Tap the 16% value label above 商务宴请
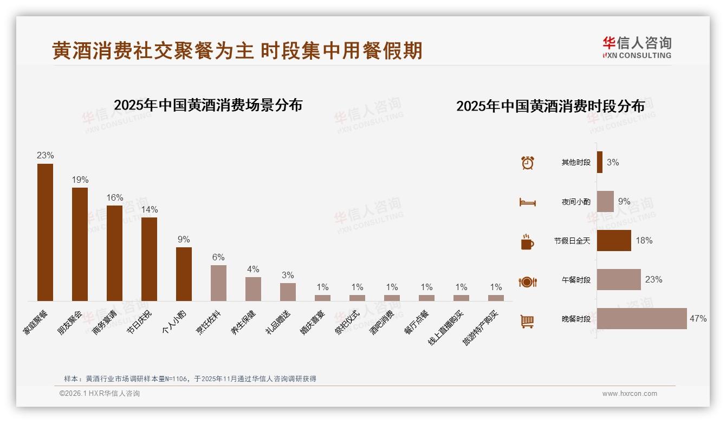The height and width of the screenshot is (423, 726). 115,197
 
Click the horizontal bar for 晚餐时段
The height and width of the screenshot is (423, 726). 641,318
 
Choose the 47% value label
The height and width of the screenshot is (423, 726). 698,318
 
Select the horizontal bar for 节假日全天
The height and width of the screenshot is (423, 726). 614,240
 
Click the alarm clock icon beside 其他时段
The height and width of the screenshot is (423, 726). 527,163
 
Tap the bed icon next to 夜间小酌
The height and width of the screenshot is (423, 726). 527,202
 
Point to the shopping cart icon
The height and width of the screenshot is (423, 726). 527,321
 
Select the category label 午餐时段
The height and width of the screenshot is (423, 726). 576,280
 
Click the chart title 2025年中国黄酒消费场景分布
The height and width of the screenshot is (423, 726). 208,105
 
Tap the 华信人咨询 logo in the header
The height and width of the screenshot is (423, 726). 637,47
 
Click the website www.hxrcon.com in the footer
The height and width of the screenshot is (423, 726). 630,394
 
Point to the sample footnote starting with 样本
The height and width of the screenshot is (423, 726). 190,379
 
